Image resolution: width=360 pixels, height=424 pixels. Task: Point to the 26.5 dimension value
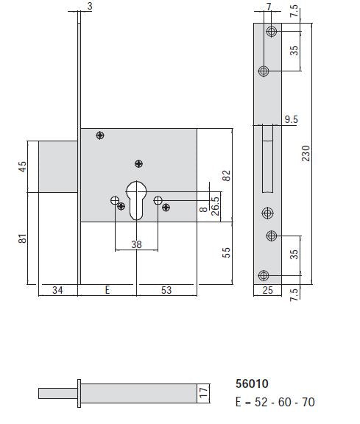click(216, 202)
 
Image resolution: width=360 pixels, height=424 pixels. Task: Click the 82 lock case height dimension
click(227, 174)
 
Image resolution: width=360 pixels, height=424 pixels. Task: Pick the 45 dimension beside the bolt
click(22, 167)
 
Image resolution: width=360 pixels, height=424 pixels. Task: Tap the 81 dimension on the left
click(22, 239)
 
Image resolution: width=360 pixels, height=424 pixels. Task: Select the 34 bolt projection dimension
click(57, 290)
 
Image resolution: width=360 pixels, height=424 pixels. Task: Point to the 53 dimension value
click(166, 290)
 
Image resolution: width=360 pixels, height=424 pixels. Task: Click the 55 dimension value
click(227, 252)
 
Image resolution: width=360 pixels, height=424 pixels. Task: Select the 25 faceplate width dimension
click(267, 291)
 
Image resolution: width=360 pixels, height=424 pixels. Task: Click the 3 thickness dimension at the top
click(89, 7)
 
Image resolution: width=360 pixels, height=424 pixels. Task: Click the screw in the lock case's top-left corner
click(100, 135)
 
